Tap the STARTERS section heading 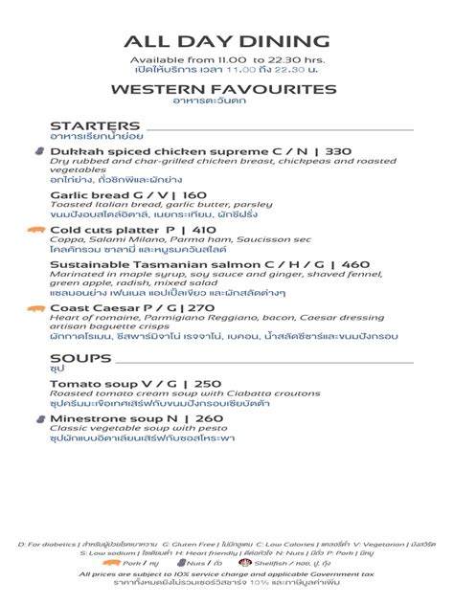(x=95, y=126)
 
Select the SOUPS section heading (x=80, y=358)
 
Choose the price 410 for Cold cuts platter (x=204, y=230)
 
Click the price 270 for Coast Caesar (x=201, y=307)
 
